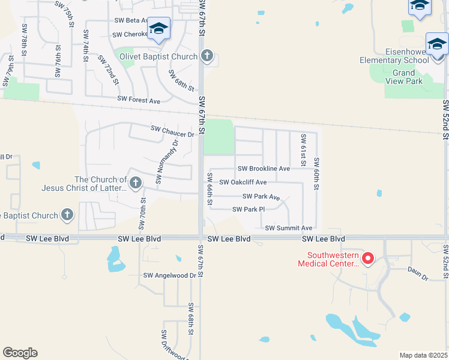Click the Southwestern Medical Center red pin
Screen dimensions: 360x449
(368, 259)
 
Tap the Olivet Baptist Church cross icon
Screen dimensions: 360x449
(207, 56)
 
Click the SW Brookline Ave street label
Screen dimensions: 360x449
(264, 169)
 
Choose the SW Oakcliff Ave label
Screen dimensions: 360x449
(243, 182)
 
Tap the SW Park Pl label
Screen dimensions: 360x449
(249, 209)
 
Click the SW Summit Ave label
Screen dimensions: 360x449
(289, 228)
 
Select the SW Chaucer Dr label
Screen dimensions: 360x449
(172, 129)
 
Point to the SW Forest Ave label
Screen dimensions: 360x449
(139, 100)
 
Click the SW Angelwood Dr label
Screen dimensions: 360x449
(170, 275)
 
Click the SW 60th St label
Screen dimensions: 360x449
(316, 173)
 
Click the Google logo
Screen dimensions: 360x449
(20, 353)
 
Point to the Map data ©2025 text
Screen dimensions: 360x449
(423, 355)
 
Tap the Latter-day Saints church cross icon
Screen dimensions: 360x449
(136, 182)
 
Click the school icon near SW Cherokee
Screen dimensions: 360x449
(158, 29)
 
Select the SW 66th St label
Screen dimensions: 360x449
(210, 189)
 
